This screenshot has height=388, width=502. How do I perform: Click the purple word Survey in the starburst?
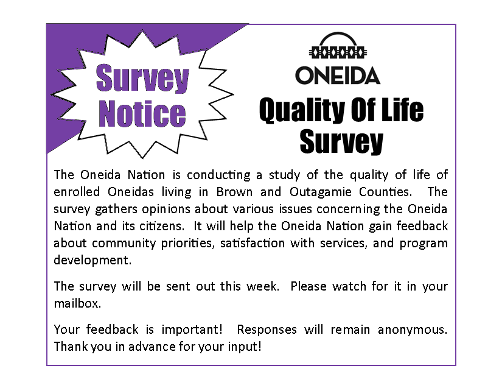(x=142, y=79)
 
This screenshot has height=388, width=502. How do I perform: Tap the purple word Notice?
(x=142, y=113)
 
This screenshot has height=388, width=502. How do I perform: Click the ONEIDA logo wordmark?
(x=338, y=76)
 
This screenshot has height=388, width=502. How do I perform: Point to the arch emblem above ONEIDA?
(x=338, y=46)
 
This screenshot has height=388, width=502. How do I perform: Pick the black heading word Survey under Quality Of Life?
(x=341, y=141)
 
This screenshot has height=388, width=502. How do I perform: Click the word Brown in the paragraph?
(x=234, y=192)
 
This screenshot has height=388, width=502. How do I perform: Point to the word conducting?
(x=218, y=175)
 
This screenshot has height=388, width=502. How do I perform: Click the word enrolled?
(x=77, y=192)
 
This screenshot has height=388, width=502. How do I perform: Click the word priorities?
(x=187, y=243)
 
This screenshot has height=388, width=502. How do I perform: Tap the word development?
(x=92, y=260)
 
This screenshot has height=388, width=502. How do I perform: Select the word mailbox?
(x=77, y=303)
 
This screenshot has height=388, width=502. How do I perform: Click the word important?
(x=192, y=330)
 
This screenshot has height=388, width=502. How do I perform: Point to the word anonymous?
(x=413, y=330)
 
